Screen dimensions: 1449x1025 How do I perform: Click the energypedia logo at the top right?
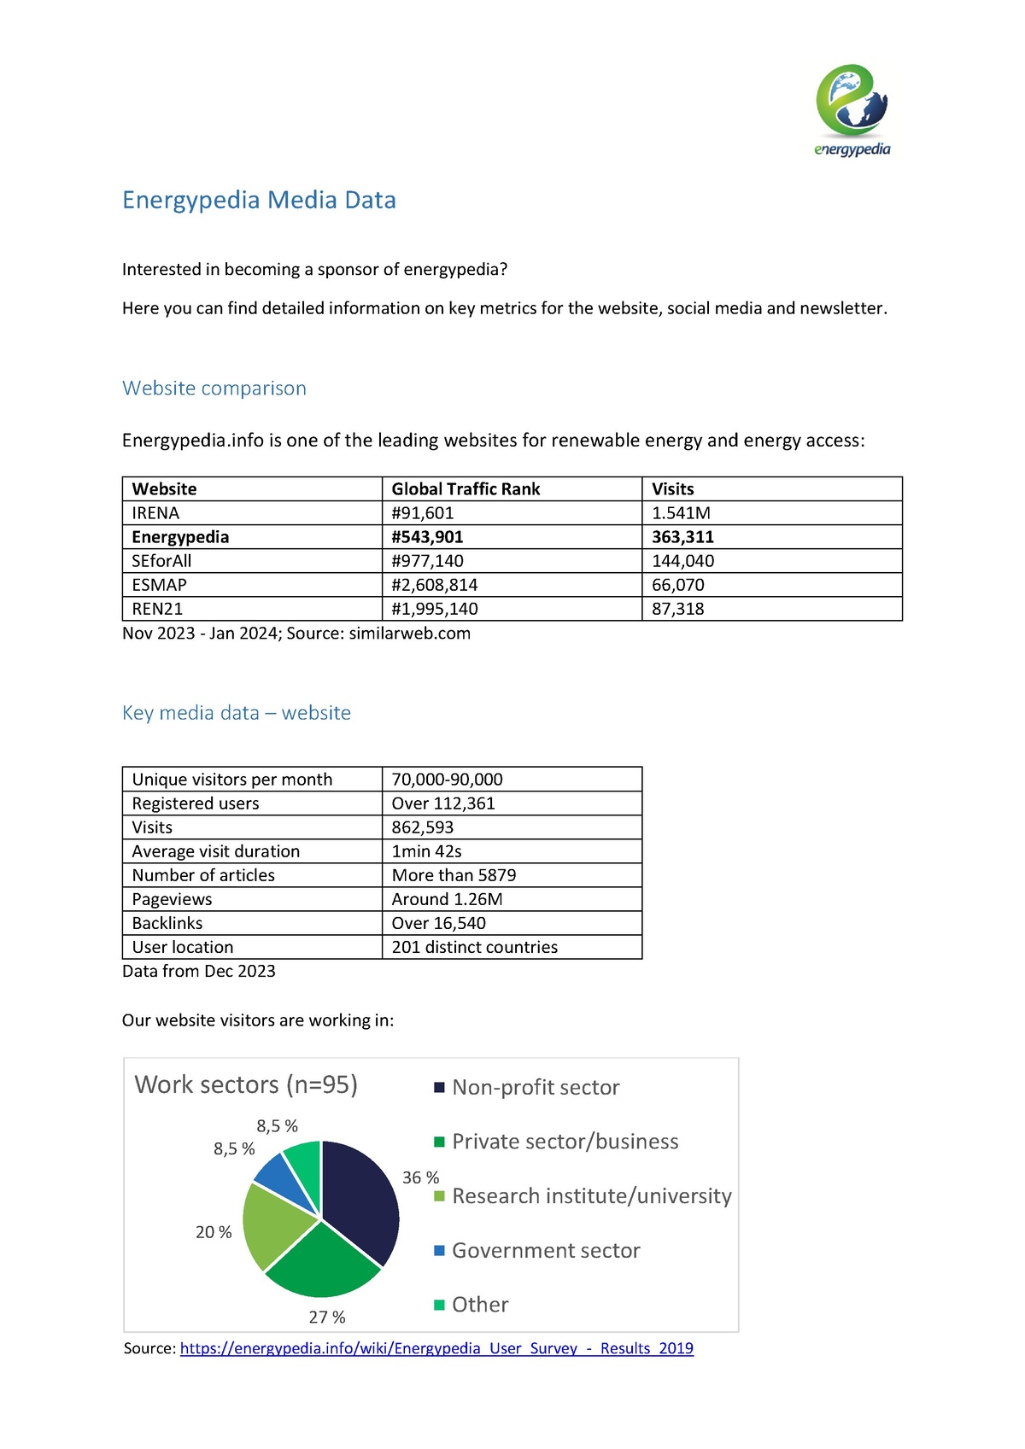point(852,109)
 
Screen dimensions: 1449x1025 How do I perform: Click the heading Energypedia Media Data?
point(259,200)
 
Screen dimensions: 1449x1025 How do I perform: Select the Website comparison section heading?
point(214,389)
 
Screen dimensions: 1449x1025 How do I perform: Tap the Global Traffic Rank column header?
point(466,489)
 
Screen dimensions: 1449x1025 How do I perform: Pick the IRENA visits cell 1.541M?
point(681,513)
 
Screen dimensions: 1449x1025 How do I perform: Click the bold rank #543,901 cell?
point(427,537)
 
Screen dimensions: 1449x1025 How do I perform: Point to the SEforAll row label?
point(161,561)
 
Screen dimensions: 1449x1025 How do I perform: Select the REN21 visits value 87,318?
point(677,609)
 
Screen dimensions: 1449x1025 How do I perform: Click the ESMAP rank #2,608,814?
point(434,585)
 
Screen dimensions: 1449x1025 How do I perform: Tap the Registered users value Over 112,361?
point(442,803)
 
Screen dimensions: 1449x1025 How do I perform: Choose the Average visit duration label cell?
point(215,851)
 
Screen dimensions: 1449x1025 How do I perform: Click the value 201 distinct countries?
point(474,947)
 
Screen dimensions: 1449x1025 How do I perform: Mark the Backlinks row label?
point(167,923)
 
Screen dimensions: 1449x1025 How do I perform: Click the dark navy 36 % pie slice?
point(360,1200)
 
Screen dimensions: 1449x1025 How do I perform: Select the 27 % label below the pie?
point(327,1318)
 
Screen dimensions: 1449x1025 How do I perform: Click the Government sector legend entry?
point(545,1251)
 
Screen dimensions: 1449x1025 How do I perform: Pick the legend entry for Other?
point(479,1305)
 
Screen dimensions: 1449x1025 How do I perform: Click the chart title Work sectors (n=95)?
point(246,1084)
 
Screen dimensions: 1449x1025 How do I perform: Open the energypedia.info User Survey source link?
point(436,1348)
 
